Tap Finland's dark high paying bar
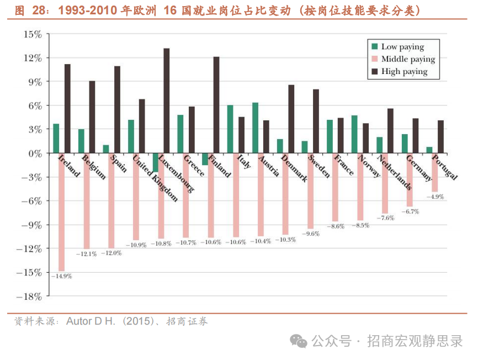tap(216, 105)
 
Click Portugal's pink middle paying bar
tap(435, 172)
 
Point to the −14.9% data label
tap(62, 276)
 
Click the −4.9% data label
tap(435, 197)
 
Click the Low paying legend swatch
tap(375, 47)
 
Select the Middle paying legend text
tap(408, 59)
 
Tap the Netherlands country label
tap(394, 172)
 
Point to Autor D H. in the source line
tap(91, 321)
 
